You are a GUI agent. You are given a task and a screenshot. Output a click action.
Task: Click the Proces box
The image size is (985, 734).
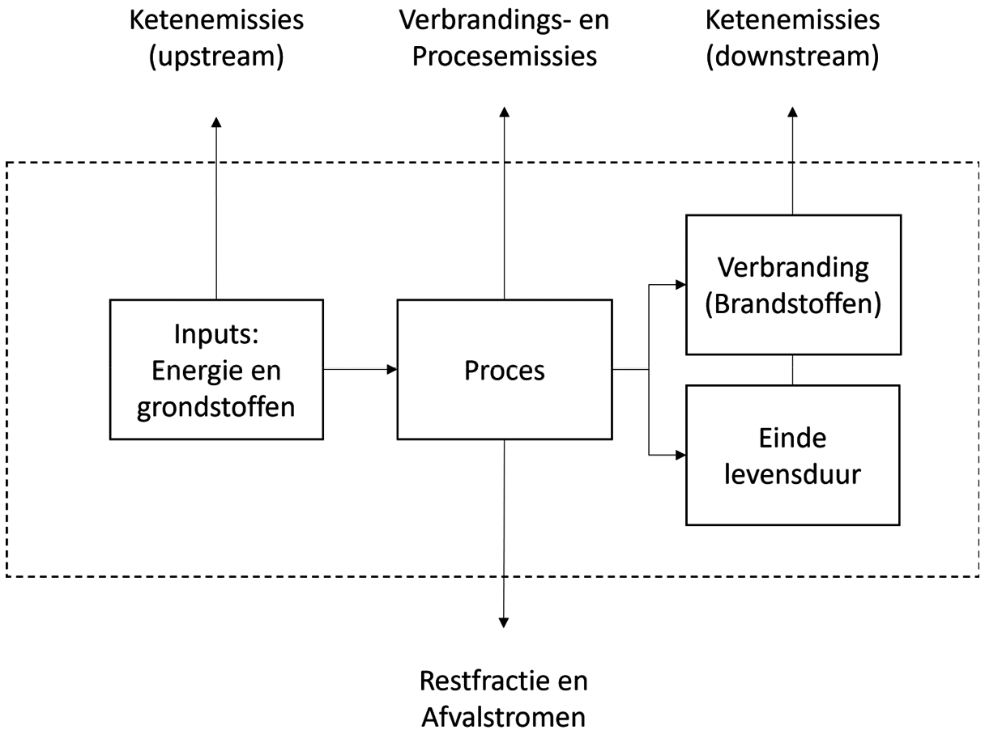pos(504,370)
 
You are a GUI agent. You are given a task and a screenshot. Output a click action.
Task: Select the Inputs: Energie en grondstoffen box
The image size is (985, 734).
pos(216,370)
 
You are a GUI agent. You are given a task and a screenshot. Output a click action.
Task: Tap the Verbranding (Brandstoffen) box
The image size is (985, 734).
pos(792,285)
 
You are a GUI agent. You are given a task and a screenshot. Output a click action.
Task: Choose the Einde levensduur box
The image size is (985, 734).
pos(792,455)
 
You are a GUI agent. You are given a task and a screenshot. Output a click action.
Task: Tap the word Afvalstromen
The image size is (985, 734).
pos(504,717)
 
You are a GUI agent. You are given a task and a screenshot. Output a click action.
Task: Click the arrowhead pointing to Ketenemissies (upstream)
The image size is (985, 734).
pos(216,121)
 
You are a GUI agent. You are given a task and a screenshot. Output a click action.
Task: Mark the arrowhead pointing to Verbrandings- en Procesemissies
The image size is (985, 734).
pos(504,110)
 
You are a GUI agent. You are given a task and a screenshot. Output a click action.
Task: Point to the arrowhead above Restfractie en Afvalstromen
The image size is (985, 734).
pos(504,622)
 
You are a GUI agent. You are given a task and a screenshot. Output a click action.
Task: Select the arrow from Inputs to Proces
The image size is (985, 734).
pos(360,370)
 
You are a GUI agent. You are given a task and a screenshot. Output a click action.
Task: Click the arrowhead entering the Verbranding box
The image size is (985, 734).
pos(680,285)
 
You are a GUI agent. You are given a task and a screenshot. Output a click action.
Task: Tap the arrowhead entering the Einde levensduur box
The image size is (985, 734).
pos(680,455)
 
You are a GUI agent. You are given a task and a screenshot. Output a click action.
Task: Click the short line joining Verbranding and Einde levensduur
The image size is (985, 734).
pos(792,370)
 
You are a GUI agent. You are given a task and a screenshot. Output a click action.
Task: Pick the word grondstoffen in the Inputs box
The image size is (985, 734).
pos(216,406)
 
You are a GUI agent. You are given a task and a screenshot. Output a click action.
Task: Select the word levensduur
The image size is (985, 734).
pos(792,473)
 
